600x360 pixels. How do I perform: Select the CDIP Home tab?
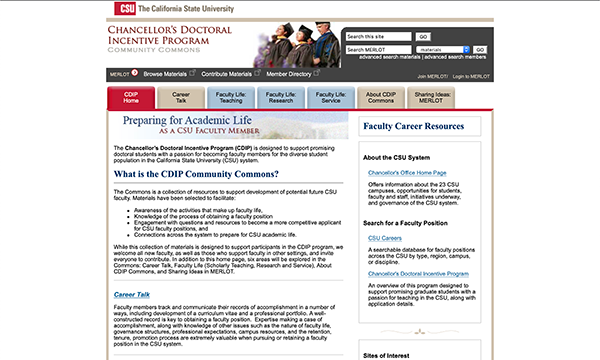(131, 97)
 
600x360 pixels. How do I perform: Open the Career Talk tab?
(181, 97)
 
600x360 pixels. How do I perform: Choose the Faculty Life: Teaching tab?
(232, 97)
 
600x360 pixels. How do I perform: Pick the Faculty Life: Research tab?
(282, 97)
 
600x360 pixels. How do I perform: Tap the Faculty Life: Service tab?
(332, 97)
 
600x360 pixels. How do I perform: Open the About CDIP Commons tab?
(382, 97)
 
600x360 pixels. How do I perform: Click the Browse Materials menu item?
(166, 74)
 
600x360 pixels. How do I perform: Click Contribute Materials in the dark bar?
(226, 74)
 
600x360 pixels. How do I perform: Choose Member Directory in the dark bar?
(289, 74)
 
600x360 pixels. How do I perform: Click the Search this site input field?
(406, 36)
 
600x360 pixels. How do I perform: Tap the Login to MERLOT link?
(471, 76)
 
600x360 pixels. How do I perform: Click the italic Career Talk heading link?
(131, 295)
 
